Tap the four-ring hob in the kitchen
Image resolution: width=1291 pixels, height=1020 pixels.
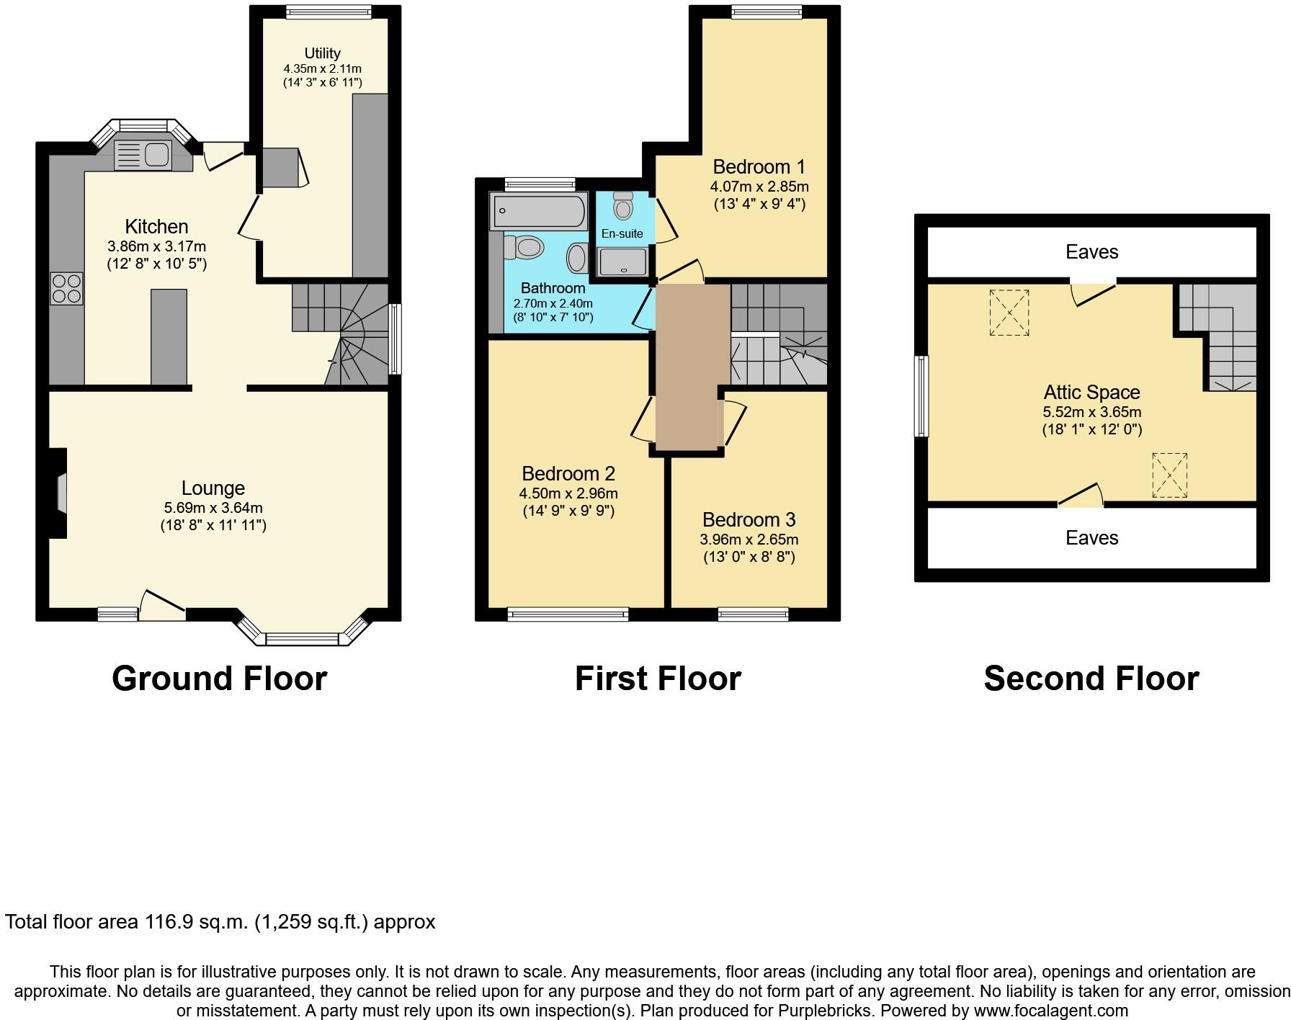[x=67, y=288]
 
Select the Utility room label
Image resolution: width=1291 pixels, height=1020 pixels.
[x=322, y=53]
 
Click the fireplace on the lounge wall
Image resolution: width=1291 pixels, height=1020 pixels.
[x=61, y=493]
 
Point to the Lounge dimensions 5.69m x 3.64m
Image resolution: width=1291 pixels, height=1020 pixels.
[x=213, y=508]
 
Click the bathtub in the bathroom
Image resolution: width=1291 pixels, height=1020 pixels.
[x=538, y=211]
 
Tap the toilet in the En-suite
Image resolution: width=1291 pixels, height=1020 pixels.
[x=624, y=207]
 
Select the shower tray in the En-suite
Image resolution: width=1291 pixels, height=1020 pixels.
[x=624, y=261]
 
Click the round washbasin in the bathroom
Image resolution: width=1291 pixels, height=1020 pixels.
[x=578, y=258]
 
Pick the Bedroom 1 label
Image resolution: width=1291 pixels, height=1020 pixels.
[x=759, y=167]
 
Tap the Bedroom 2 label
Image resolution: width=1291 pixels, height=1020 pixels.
[x=568, y=474]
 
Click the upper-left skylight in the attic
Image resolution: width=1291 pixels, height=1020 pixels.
[x=1009, y=313]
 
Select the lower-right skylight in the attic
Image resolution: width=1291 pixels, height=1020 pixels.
[x=1169, y=475]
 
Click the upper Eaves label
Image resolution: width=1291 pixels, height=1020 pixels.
[x=1091, y=252]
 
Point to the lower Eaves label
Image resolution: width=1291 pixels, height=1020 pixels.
[x=1091, y=538]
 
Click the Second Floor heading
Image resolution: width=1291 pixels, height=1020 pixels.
[x=1091, y=679]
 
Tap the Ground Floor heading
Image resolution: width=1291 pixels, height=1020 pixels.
[x=219, y=679]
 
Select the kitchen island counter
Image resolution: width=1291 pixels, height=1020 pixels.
[x=169, y=336]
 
